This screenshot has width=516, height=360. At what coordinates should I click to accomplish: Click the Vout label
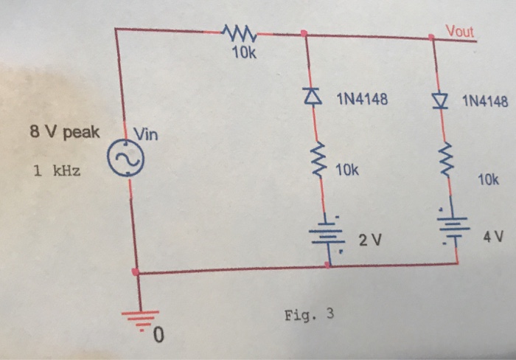(x=460, y=30)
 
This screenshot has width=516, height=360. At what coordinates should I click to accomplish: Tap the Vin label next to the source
(x=146, y=134)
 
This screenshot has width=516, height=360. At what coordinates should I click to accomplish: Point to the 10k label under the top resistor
(x=240, y=53)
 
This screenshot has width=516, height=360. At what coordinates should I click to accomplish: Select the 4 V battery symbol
(x=451, y=230)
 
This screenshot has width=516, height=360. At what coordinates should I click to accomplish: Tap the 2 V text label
(x=369, y=240)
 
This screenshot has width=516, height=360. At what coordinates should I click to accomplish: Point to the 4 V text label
(x=492, y=237)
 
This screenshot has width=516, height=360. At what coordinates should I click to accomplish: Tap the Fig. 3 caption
(x=308, y=314)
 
